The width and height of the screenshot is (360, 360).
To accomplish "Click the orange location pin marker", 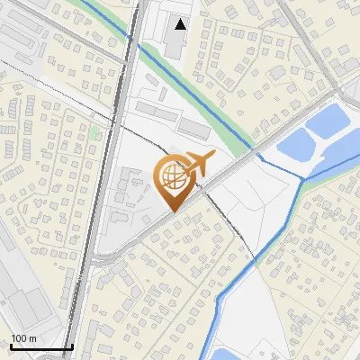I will pos(174,180).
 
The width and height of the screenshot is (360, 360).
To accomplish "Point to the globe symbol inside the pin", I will pos(174,176).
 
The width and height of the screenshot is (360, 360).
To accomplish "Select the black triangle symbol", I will pos(182,24).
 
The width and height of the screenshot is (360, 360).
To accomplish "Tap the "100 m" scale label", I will pos(23,338).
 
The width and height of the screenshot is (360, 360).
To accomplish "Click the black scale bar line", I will pos(41,346).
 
